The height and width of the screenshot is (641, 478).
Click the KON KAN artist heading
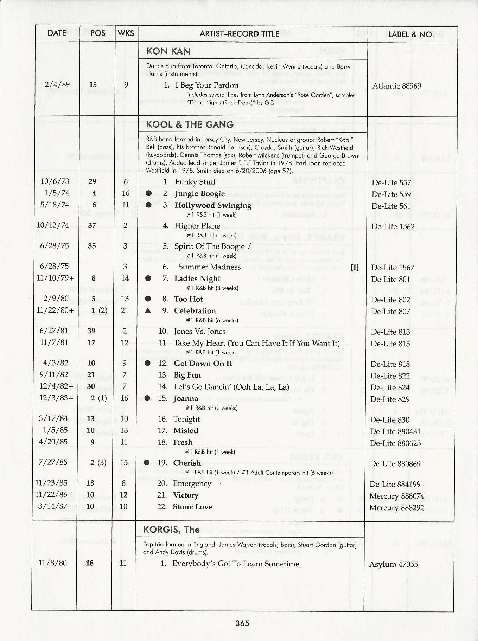click(x=168, y=51)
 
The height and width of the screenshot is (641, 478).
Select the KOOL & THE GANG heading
click(x=190, y=124)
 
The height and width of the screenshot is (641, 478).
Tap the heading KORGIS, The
click(x=171, y=530)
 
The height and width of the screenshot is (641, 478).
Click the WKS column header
click(x=126, y=33)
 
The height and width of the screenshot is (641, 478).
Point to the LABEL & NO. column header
click(x=410, y=34)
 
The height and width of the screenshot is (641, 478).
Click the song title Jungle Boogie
click(x=199, y=194)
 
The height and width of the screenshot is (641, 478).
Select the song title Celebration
click(x=195, y=311)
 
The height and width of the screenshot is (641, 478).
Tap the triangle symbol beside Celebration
click(x=148, y=310)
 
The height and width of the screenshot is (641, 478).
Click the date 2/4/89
click(x=57, y=84)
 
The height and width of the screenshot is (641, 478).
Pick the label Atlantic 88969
click(x=396, y=86)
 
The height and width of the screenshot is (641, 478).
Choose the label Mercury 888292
click(x=396, y=508)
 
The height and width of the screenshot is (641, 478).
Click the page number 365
click(x=242, y=623)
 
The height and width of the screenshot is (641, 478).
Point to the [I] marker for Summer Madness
click(x=355, y=267)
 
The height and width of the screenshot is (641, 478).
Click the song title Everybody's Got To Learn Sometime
click(x=236, y=564)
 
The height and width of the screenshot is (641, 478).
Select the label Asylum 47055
click(x=393, y=564)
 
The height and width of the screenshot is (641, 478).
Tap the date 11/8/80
click(x=52, y=563)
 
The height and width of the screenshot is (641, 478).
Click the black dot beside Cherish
click(x=147, y=463)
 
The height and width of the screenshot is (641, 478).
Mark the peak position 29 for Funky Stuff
click(x=92, y=181)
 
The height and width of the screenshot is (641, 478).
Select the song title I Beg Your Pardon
click(x=206, y=85)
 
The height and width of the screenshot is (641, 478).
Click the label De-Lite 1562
click(x=393, y=226)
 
